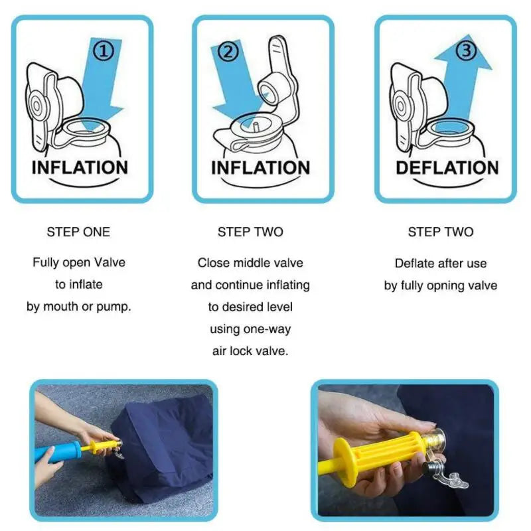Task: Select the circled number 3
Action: [x=467, y=49]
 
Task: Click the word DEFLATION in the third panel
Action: [x=447, y=168]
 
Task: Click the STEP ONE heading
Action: [x=78, y=232]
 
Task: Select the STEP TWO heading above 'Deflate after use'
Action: [x=441, y=232]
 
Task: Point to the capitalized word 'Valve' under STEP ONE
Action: [x=109, y=262]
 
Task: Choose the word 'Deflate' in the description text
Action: [x=416, y=264]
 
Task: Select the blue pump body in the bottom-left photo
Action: [x=56, y=453]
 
